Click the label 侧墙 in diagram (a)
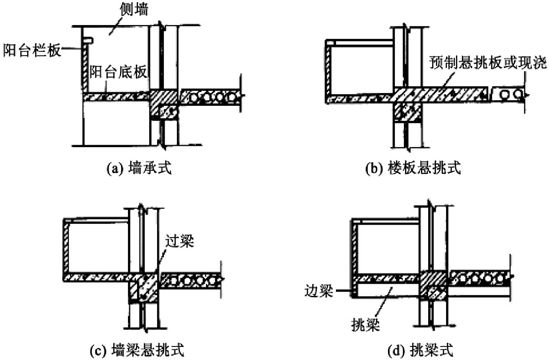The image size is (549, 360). (x=134, y=9)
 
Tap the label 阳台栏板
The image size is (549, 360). (x=32, y=50)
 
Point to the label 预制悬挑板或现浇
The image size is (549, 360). (x=488, y=62)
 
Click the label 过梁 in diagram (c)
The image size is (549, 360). (x=179, y=241)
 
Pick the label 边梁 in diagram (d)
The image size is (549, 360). (x=318, y=291)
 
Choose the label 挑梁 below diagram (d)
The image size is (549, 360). (x=365, y=325)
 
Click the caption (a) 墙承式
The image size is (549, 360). (x=139, y=167)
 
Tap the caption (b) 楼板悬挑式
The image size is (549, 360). (x=413, y=167)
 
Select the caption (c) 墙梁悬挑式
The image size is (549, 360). (x=137, y=350)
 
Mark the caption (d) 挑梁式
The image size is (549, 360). (x=420, y=350)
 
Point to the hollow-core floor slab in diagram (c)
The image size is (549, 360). (x=191, y=280)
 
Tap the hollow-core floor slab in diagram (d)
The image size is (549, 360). (x=480, y=278)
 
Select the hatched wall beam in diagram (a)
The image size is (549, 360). (x=164, y=105)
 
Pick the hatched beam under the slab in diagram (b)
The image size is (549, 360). (x=407, y=112)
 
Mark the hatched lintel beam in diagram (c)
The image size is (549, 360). (x=143, y=288)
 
